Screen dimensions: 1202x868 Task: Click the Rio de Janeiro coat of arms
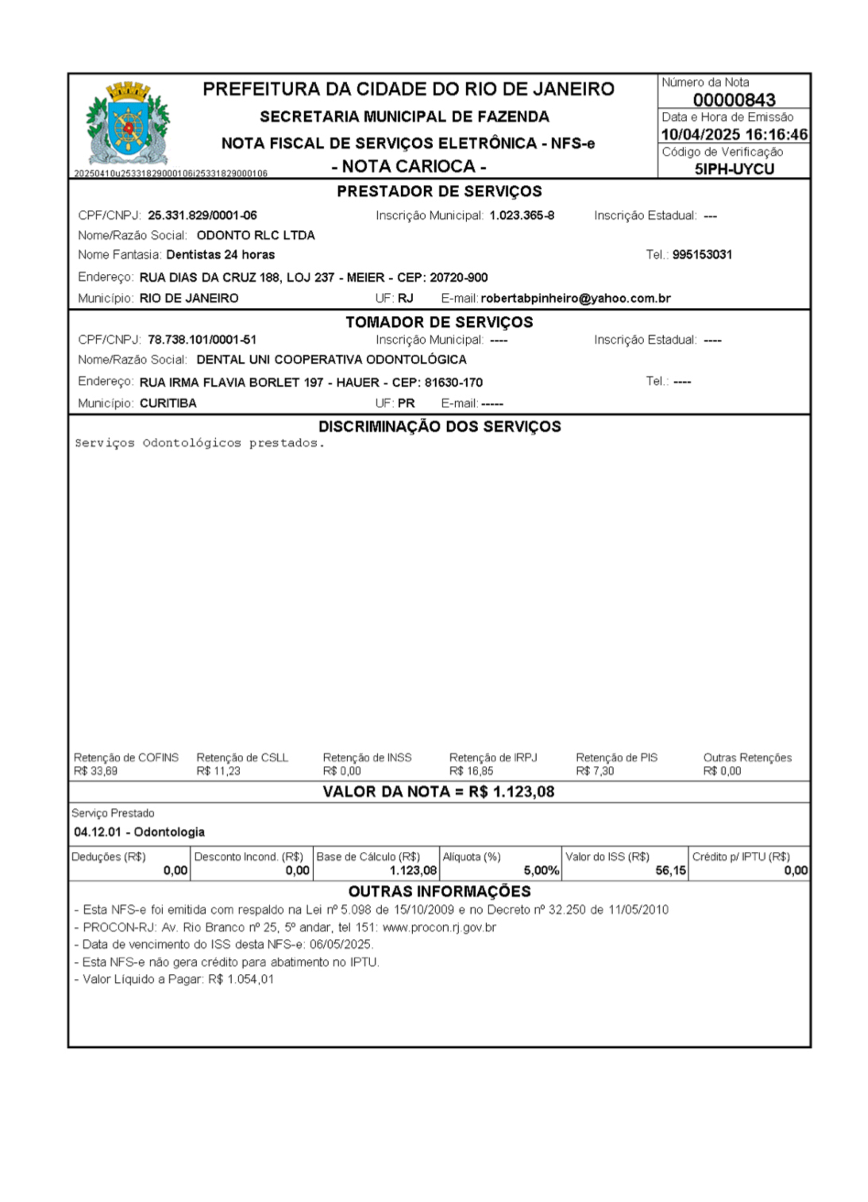click(x=128, y=122)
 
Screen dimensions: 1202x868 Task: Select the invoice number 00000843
click(x=734, y=100)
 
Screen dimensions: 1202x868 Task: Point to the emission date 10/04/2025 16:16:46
click(x=734, y=135)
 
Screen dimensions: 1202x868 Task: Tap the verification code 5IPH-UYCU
click(x=734, y=168)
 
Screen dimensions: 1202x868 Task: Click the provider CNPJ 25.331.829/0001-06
click(x=202, y=215)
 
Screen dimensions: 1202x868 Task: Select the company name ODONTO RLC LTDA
click(x=256, y=235)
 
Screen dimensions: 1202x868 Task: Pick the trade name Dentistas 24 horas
click(x=220, y=255)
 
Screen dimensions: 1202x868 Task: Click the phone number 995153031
click(x=702, y=255)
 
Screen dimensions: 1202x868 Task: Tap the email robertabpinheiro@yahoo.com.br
click(x=575, y=299)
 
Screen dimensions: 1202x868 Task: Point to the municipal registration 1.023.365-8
click(x=521, y=215)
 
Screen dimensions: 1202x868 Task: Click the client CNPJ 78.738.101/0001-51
click(x=202, y=340)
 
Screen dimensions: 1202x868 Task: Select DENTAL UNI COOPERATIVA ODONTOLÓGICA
click(x=331, y=360)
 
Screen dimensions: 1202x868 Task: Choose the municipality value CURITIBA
click(x=168, y=403)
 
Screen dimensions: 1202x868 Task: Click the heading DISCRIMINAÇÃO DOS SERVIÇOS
click(x=439, y=426)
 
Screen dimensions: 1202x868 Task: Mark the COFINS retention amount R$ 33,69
click(x=95, y=771)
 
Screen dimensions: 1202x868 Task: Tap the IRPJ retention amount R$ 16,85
click(x=471, y=771)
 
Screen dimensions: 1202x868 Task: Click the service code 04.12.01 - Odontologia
click(x=139, y=832)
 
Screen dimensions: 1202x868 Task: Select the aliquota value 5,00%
click(x=541, y=871)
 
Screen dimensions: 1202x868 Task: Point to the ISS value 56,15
click(x=670, y=871)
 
